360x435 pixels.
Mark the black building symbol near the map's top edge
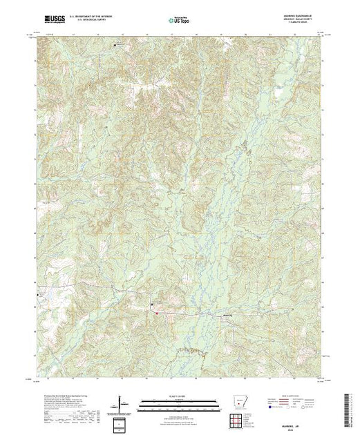pos(115,45)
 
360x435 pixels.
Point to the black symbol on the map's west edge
pos(39,295)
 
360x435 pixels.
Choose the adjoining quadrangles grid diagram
pos(239,419)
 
